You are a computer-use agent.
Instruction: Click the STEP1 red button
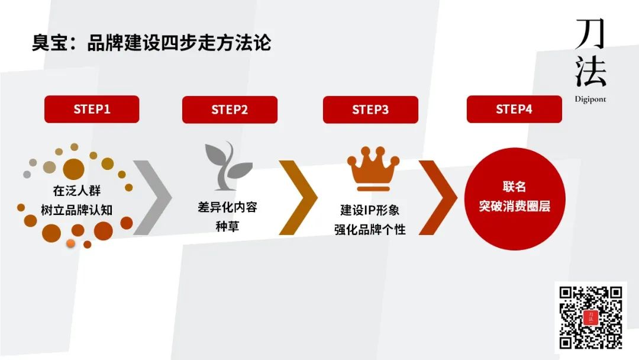coord(92,110)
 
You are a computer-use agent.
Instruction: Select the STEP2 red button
coord(230,110)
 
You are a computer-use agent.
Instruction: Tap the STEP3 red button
coord(370,110)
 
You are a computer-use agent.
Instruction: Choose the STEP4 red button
coord(514,110)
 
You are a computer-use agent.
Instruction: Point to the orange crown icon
coord(373,169)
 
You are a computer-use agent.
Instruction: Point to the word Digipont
coord(590,99)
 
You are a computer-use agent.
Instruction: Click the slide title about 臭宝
coord(151,43)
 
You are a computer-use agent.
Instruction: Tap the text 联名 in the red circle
coord(514,187)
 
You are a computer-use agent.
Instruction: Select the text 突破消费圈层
coord(514,206)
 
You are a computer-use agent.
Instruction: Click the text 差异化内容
coord(227,207)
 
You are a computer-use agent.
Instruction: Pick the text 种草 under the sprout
coord(227,226)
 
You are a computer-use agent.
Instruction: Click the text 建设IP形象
coord(370,210)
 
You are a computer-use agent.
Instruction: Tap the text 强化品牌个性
coord(370,230)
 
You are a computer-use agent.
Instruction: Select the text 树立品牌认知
coord(76,210)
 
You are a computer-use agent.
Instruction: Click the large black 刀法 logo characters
coord(590,53)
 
